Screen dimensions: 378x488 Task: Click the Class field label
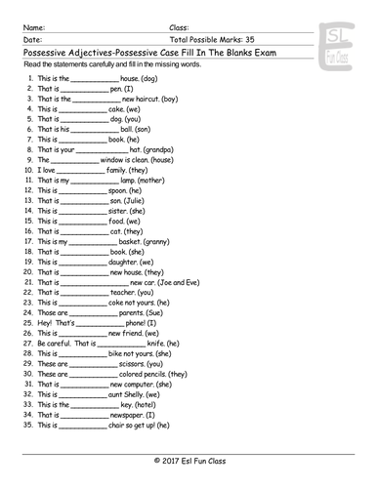tap(180, 14)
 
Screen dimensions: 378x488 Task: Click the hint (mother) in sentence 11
tap(156, 181)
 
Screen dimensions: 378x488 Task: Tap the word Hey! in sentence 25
tap(45, 323)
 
